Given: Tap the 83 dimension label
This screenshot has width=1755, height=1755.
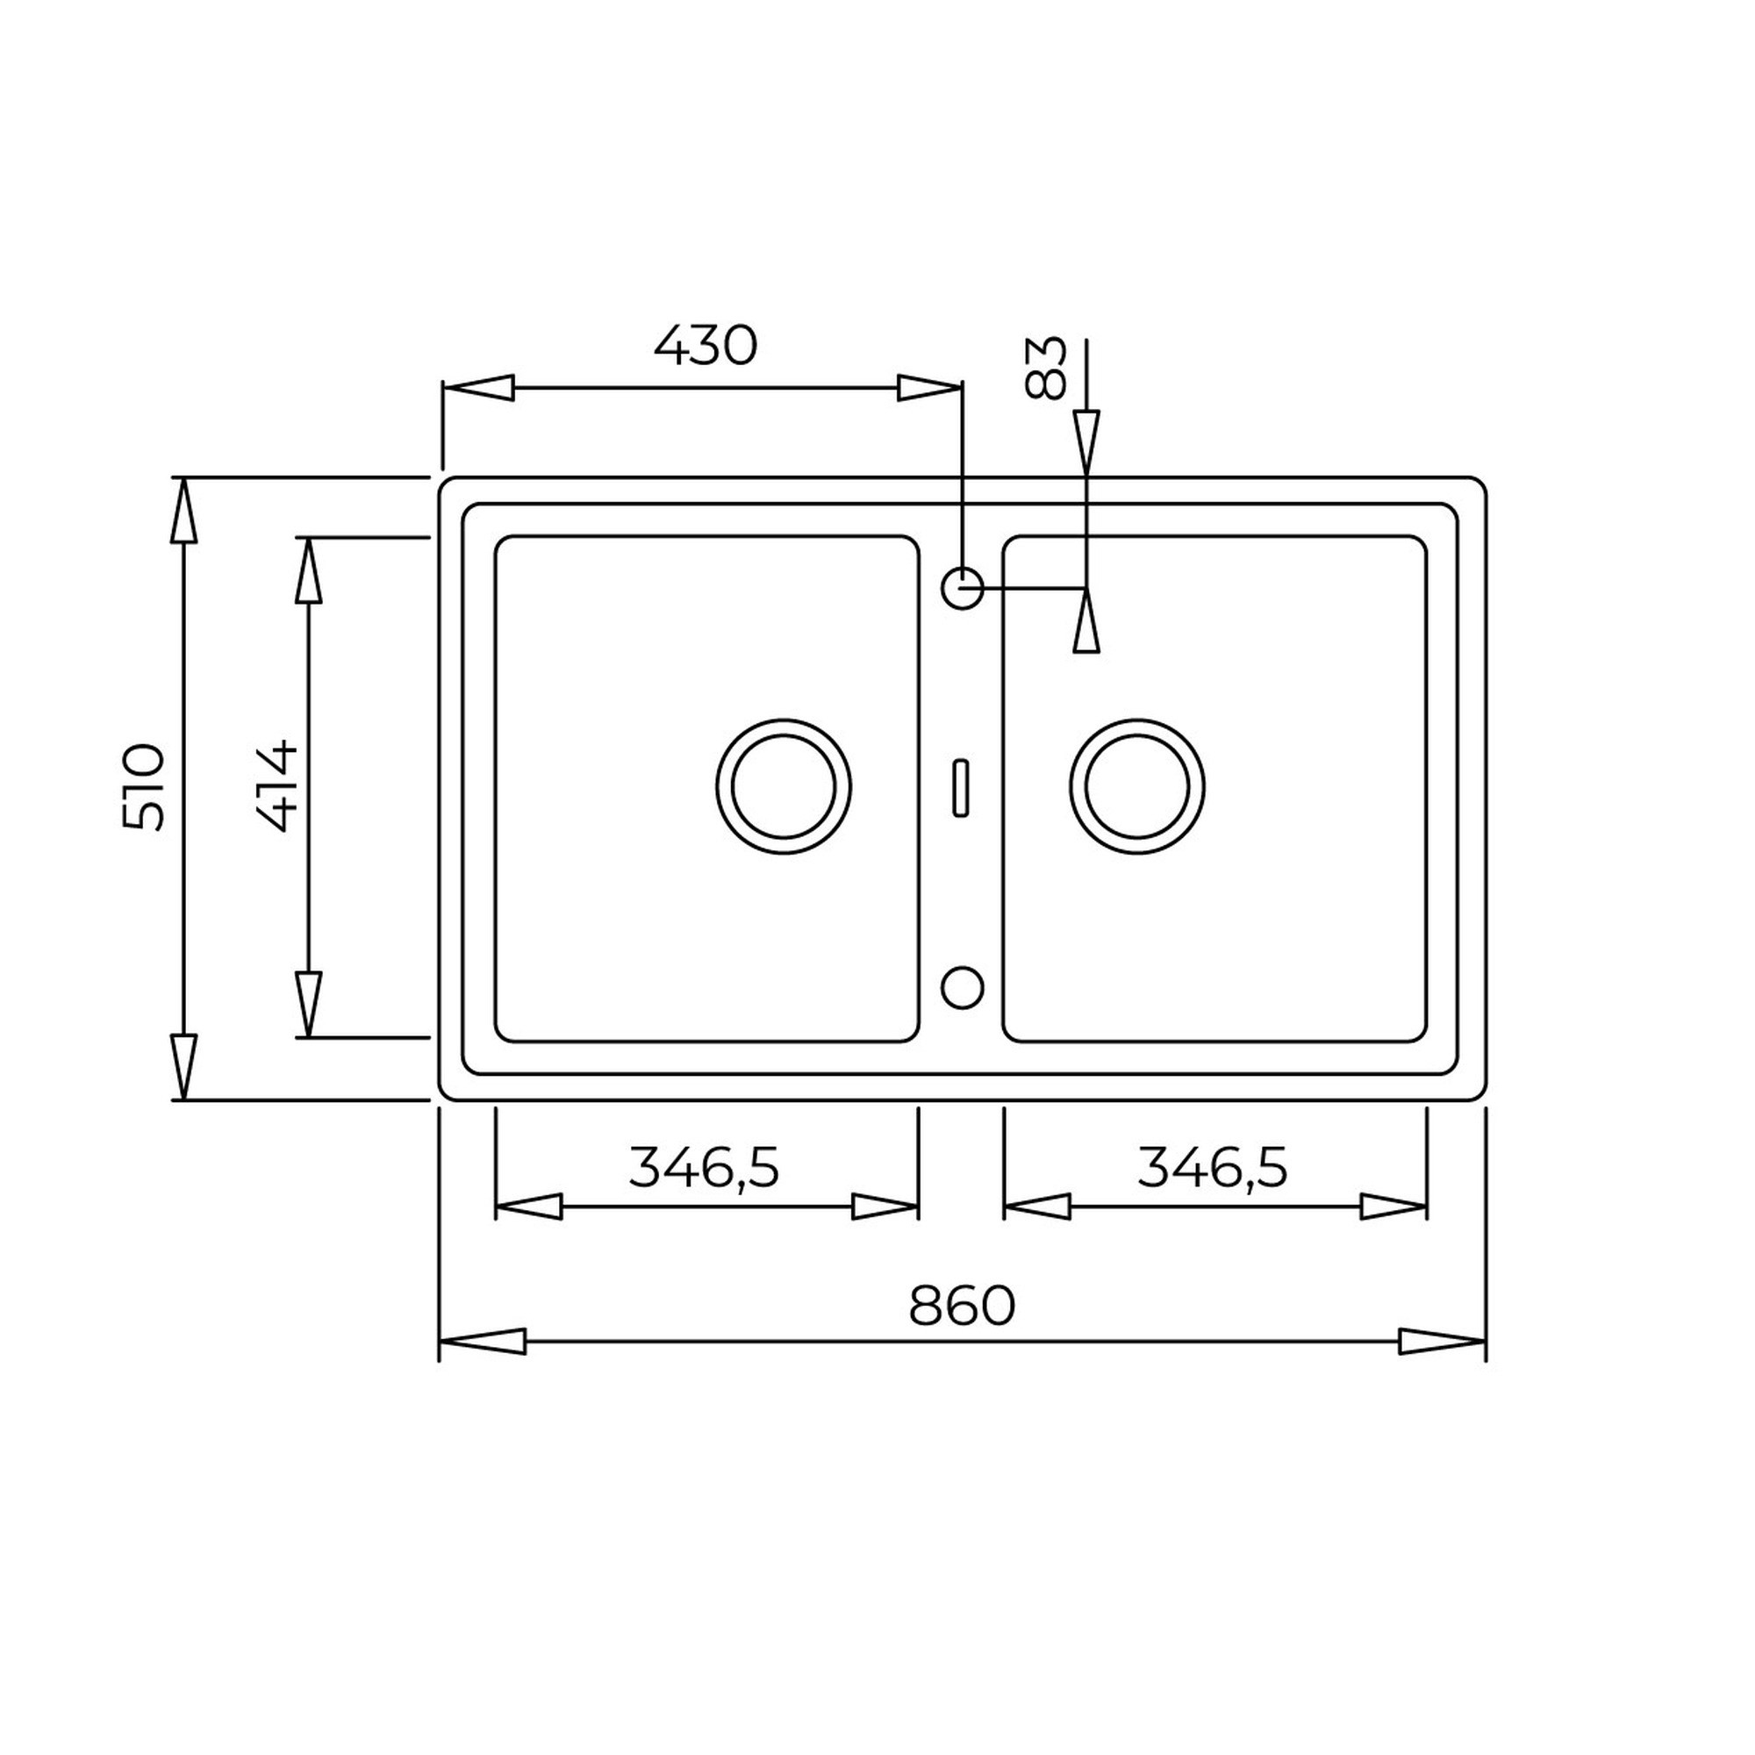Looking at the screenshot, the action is (x=1042, y=368).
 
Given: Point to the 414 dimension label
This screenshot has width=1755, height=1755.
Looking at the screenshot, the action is (x=277, y=786).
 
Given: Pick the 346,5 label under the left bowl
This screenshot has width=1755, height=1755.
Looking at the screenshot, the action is (x=704, y=1168).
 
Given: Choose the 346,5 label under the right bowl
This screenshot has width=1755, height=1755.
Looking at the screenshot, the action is (x=1213, y=1168).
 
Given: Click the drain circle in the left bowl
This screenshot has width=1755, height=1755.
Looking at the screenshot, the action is (x=783, y=786).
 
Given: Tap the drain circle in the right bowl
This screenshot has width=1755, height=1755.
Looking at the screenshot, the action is (x=1137, y=786).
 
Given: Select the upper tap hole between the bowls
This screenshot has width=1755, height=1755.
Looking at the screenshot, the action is (x=963, y=588).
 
